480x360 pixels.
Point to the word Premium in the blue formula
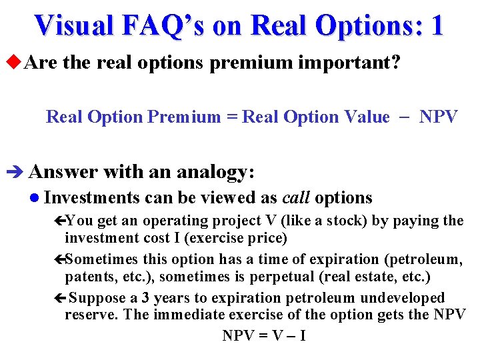[x=183, y=117]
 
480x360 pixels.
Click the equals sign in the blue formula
[x=231, y=117]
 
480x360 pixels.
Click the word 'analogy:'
[x=214, y=173]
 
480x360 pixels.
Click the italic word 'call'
[x=297, y=198]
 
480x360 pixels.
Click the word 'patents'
[x=90, y=277]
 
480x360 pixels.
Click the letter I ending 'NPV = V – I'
[x=303, y=335]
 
